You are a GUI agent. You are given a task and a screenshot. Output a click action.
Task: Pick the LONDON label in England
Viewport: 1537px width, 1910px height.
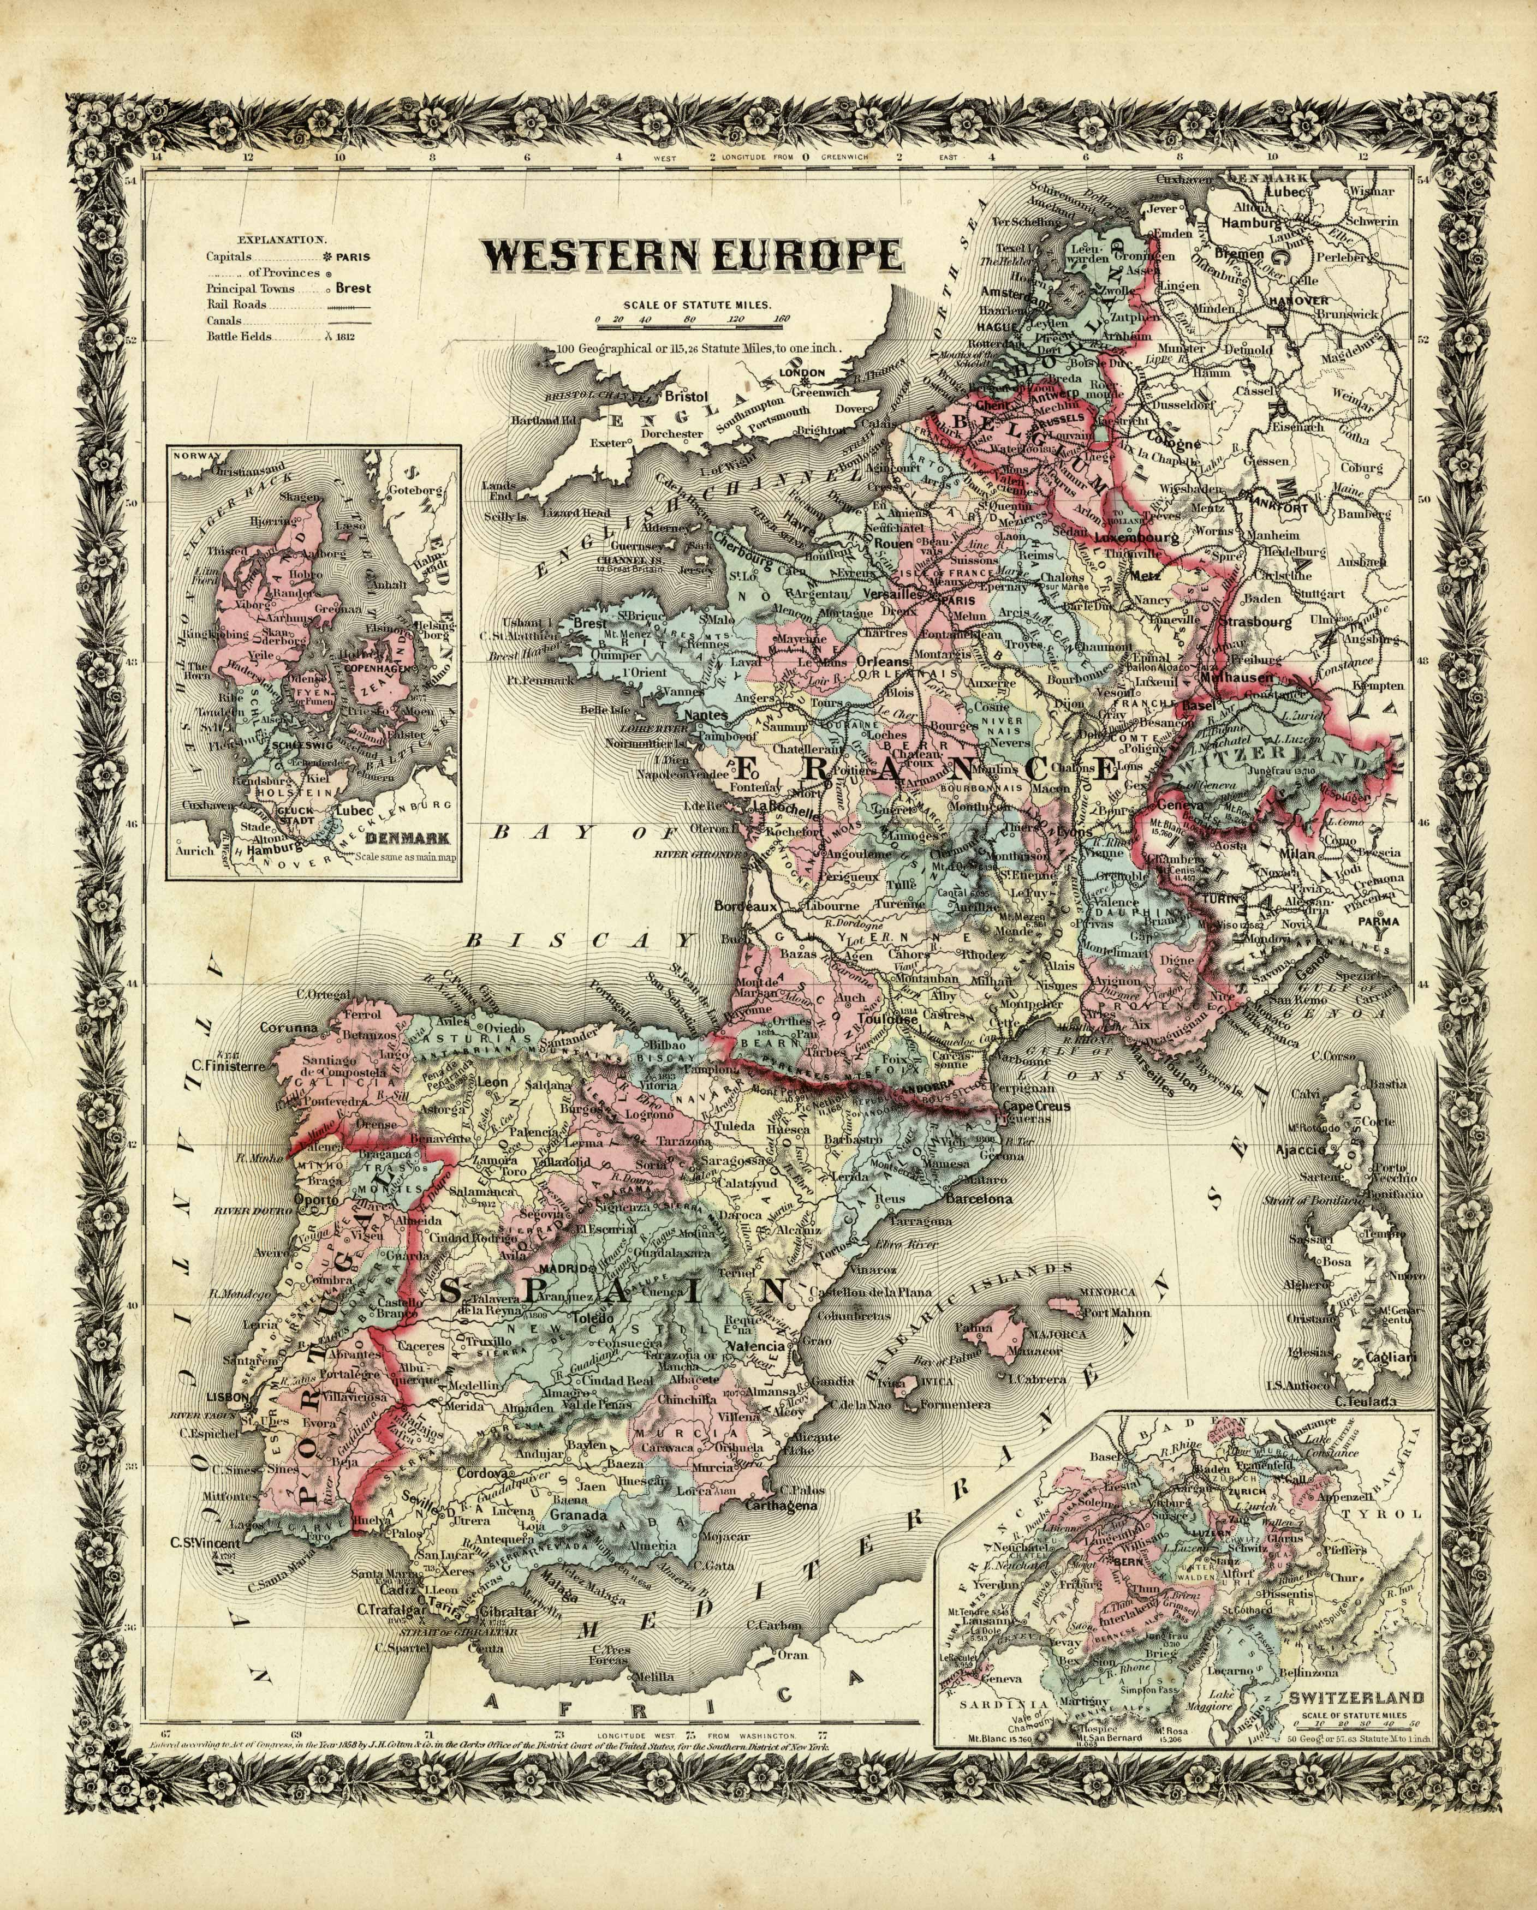click(802, 372)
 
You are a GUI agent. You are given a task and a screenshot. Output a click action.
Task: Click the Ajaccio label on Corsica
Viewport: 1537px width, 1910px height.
click(1300, 1149)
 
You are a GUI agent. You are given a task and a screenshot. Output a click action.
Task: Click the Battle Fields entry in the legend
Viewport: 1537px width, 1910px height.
click(239, 337)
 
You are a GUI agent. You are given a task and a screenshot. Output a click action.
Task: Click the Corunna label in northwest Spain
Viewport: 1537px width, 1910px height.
click(288, 1029)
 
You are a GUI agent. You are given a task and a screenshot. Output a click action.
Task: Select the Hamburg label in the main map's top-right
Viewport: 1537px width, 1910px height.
click(1252, 224)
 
